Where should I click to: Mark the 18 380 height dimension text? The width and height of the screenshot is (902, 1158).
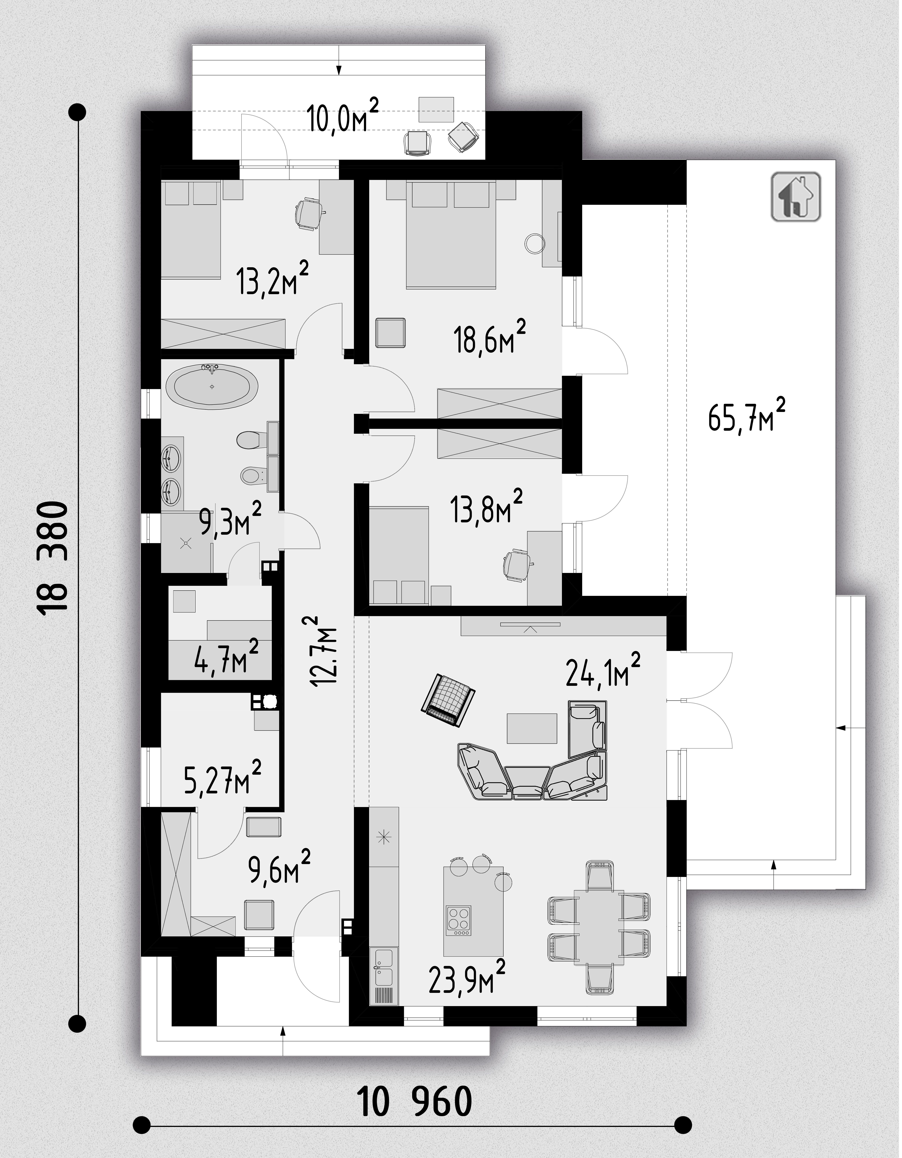53,559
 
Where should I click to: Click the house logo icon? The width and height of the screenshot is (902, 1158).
796,196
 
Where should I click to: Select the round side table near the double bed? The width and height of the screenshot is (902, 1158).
535,243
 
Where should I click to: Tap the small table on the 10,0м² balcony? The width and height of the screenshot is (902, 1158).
436,110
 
